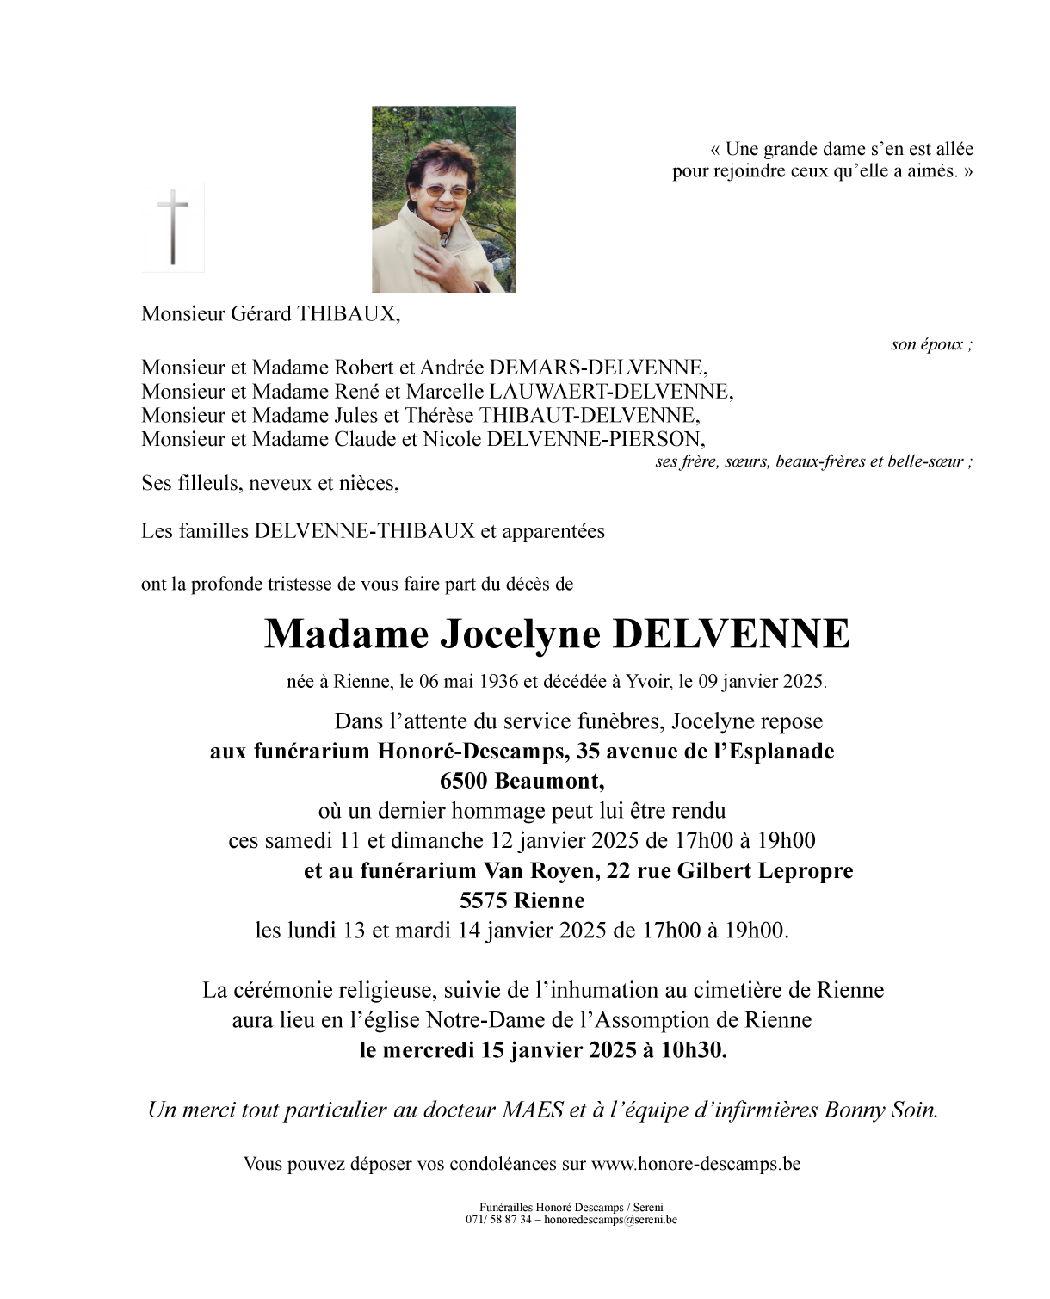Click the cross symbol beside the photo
[173, 226]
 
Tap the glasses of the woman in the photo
[445, 190]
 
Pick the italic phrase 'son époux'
[929, 344]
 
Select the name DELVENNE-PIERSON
[595, 439]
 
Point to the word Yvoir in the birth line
[645, 682]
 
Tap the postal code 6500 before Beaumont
[464, 781]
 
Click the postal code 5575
[485, 900]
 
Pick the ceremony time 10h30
[694, 1050]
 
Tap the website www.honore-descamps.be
[695, 1164]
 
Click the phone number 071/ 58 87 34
[498, 1220]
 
